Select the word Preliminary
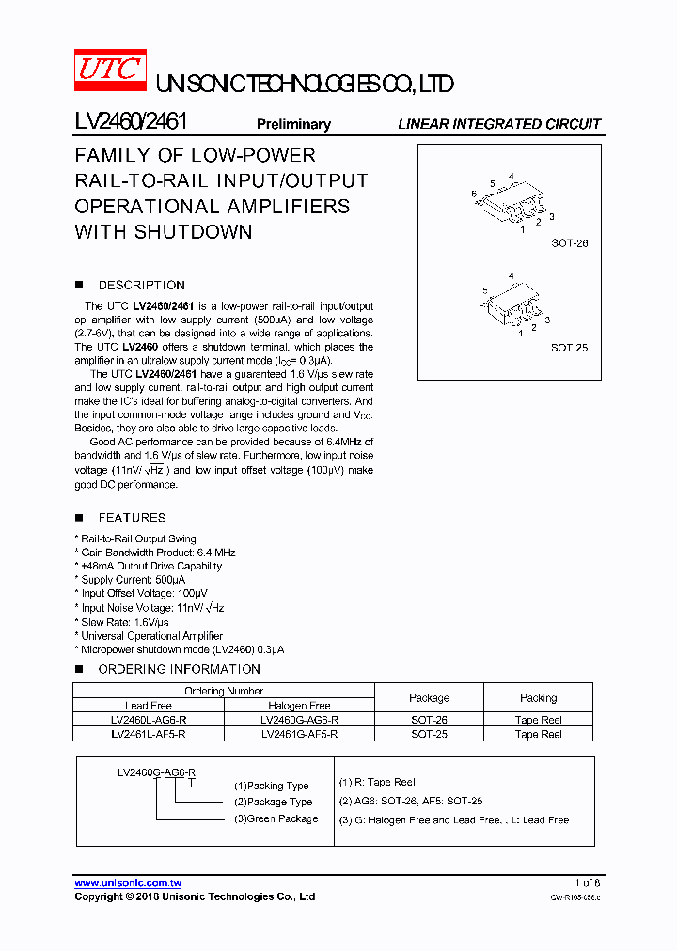(x=293, y=124)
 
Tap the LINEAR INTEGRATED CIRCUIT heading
(x=498, y=124)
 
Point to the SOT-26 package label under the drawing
(x=569, y=243)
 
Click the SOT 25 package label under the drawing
(x=569, y=348)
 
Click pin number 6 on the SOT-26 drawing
(x=475, y=193)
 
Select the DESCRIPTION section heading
(x=141, y=285)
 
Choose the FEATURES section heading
(x=132, y=517)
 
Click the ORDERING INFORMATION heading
(x=179, y=669)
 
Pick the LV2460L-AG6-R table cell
(x=149, y=720)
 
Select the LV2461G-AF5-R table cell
(x=299, y=734)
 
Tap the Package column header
(x=429, y=698)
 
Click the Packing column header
(x=538, y=698)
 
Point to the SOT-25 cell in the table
(x=429, y=734)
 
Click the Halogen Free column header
(x=299, y=706)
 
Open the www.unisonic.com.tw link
(x=128, y=883)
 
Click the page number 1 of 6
(x=587, y=883)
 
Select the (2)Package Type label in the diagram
(x=273, y=802)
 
